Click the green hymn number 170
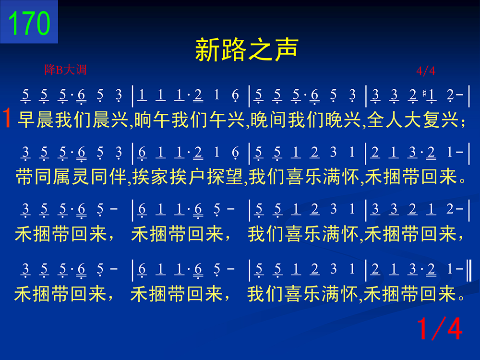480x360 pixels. pyautogui.click(x=29, y=23)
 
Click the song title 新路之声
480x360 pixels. pyautogui.click(x=247, y=49)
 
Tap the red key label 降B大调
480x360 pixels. pyautogui.click(x=65, y=70)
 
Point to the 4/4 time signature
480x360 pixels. pyautogui.click(x=425, y=71)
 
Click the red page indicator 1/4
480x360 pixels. pyautogui.click(x=439, y=328)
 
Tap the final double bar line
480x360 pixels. pyautogui.click(x=468, y=270)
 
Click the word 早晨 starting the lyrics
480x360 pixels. pyautogui.click(x=36, y=120)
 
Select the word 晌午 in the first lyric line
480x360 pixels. pyautogui.click(x=153, y=120)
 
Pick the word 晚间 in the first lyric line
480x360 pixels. pyautogui.click(x=269, y=120)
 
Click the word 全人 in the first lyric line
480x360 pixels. pyautogui.click(x=385, y=120)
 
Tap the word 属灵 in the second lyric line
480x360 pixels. pyautogui.click(x=71, y=177)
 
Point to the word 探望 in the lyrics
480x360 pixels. pyautogui.click(x=225, y=177)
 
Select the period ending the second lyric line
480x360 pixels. pyautogui.click(x=463, y=181)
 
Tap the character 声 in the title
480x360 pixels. pyautogui.click(x=286, y=49)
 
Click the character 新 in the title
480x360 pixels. pyautogui.click(x=207, y=50)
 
